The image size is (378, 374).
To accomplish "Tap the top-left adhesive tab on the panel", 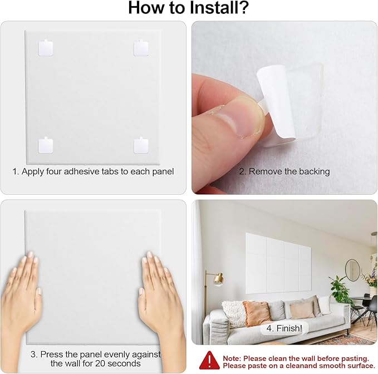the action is [x=46, y=48].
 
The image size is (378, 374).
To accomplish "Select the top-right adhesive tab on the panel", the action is [x=141, y=48].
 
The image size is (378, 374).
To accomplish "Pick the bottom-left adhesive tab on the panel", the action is [x=46, y=145].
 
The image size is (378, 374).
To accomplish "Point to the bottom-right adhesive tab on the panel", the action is [x=141, y=145].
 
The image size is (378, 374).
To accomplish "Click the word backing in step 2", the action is [x=314, y=171].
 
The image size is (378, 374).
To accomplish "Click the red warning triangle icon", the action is [x=209, y=360].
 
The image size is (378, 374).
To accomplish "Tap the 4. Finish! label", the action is [x=284, y=328].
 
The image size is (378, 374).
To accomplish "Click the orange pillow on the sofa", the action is [x=256, y=313].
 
